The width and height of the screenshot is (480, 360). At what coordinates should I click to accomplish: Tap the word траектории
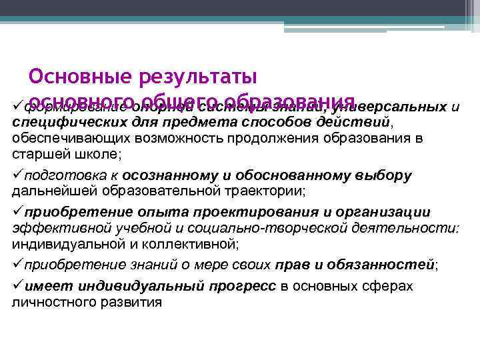click(x=265, y=191)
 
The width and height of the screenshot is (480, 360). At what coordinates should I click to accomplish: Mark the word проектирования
click(x=250, y=212)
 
